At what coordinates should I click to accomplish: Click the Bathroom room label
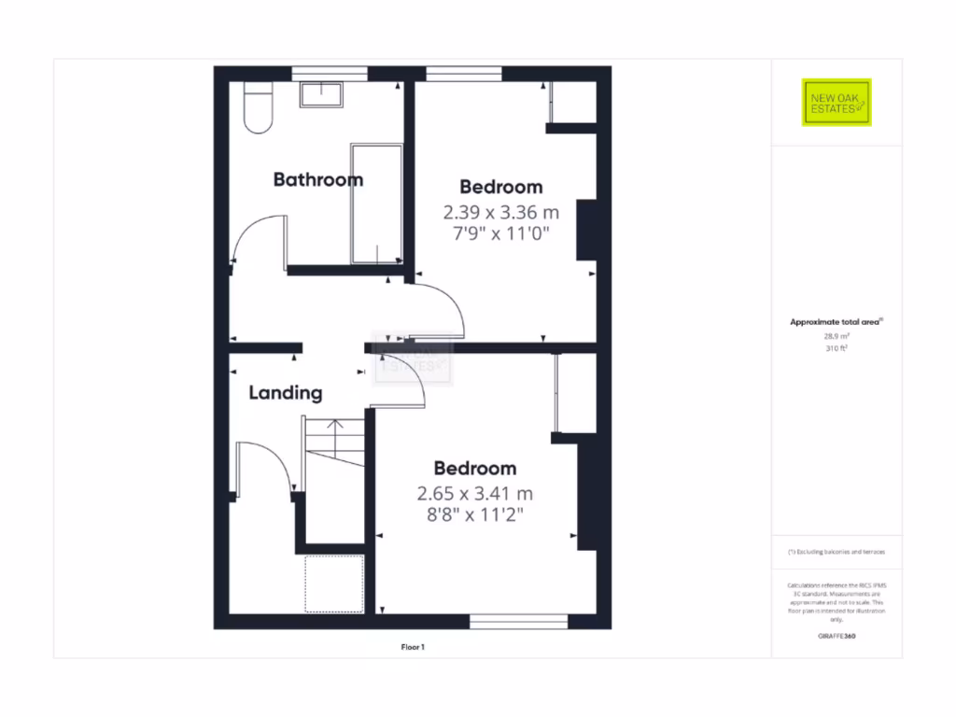317,179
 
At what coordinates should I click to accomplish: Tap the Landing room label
285,393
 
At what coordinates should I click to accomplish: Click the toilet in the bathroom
257,107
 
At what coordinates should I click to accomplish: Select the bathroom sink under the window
321,92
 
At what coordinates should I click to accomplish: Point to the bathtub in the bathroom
375,204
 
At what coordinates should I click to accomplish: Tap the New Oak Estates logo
836,103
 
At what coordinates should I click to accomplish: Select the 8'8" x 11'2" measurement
475,513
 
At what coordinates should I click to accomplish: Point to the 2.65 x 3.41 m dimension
475,493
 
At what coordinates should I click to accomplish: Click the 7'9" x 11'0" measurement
500,233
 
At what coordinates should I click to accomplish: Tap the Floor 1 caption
412,645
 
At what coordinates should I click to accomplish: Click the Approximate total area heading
836,322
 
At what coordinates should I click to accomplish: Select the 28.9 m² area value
836,336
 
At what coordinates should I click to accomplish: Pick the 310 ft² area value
836,348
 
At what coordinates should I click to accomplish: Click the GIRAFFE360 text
836,636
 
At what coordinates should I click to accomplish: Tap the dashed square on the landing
333,583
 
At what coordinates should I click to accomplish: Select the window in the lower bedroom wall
518,621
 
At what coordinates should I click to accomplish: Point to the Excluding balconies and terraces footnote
836,553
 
